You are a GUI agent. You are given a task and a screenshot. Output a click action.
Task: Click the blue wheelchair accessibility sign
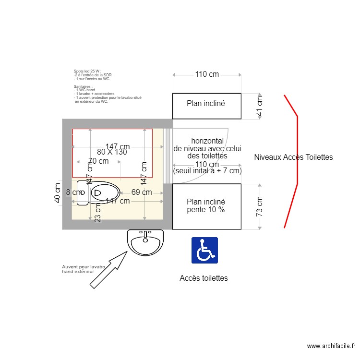[205, 250]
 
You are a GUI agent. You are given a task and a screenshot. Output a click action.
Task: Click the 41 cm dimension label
[260, 107]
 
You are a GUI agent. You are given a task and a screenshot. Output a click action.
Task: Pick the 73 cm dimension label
[260, 206]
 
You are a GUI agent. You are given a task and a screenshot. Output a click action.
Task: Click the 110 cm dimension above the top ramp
[206, 74]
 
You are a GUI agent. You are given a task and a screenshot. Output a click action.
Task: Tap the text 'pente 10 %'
[206, 210]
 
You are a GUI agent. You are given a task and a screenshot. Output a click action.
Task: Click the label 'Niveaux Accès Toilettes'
[293, 157]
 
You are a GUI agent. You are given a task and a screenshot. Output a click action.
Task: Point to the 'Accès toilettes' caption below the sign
[204, 278]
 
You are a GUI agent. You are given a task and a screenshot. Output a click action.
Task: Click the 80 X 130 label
[111, 152]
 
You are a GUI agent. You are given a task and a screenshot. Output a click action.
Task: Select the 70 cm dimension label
[98, 161]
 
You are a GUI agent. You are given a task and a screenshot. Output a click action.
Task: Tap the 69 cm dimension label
[141, 192]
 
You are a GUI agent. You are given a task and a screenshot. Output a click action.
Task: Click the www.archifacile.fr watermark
[331, 346]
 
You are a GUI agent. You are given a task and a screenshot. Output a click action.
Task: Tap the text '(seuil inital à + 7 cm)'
[207, 171]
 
